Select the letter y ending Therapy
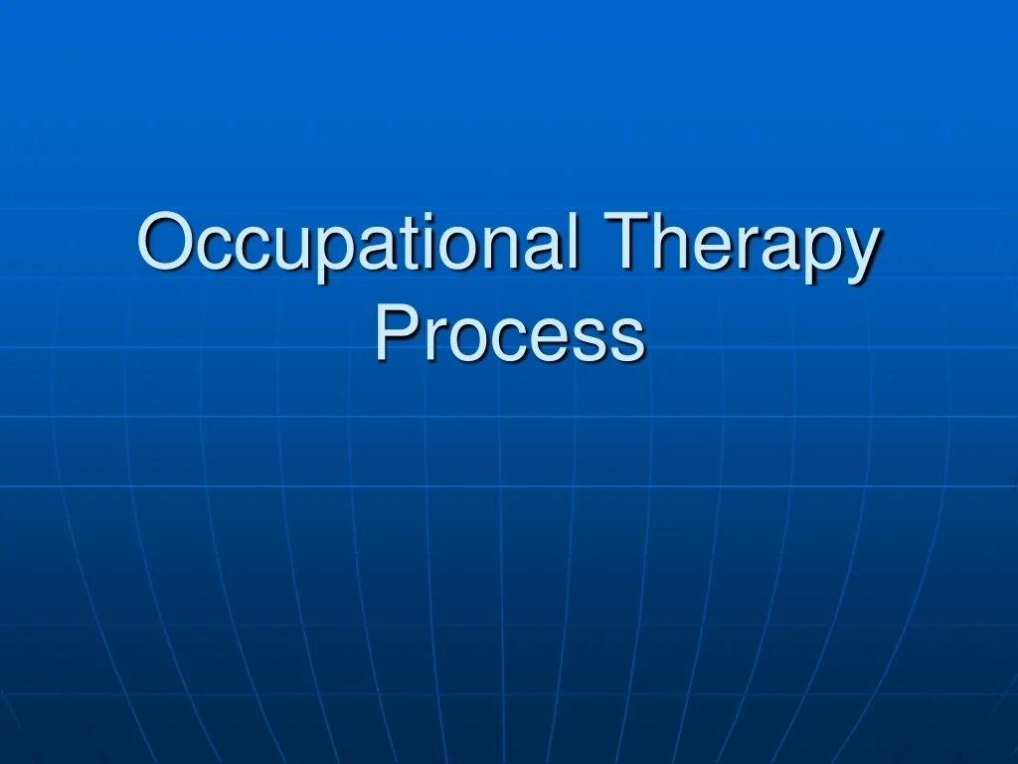861,257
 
